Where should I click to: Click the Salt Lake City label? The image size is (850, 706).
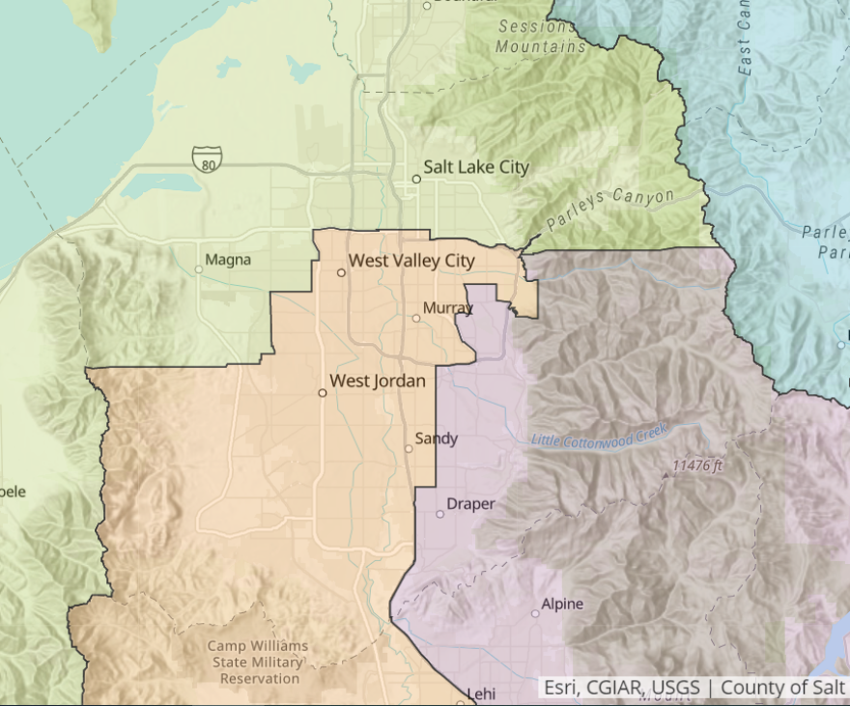(476, 167)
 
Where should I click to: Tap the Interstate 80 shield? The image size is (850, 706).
(206, 158)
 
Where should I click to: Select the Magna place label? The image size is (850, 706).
(228, 260)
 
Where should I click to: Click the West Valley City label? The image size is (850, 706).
(411, 261)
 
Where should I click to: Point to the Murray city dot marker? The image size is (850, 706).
(416, 318)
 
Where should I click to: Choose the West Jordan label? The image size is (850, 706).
(378, 381)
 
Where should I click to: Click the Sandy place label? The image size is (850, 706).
(436, 438)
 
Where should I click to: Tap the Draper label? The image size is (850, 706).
(470, 504)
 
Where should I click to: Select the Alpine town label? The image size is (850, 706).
(562, 605)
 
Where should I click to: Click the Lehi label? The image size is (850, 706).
(480, 693)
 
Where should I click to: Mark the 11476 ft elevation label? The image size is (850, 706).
(697, 466)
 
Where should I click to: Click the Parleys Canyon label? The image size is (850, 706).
(609, 210)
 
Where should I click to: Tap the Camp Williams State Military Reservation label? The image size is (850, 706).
(258, 662)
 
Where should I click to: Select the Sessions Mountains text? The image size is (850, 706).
(542, 36)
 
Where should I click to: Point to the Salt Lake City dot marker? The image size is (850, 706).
(416, 179)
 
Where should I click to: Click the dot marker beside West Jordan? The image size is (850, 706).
(323, 392)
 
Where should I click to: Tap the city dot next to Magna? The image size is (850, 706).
(199, 269)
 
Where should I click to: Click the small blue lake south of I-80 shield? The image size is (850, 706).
(160, 184)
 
